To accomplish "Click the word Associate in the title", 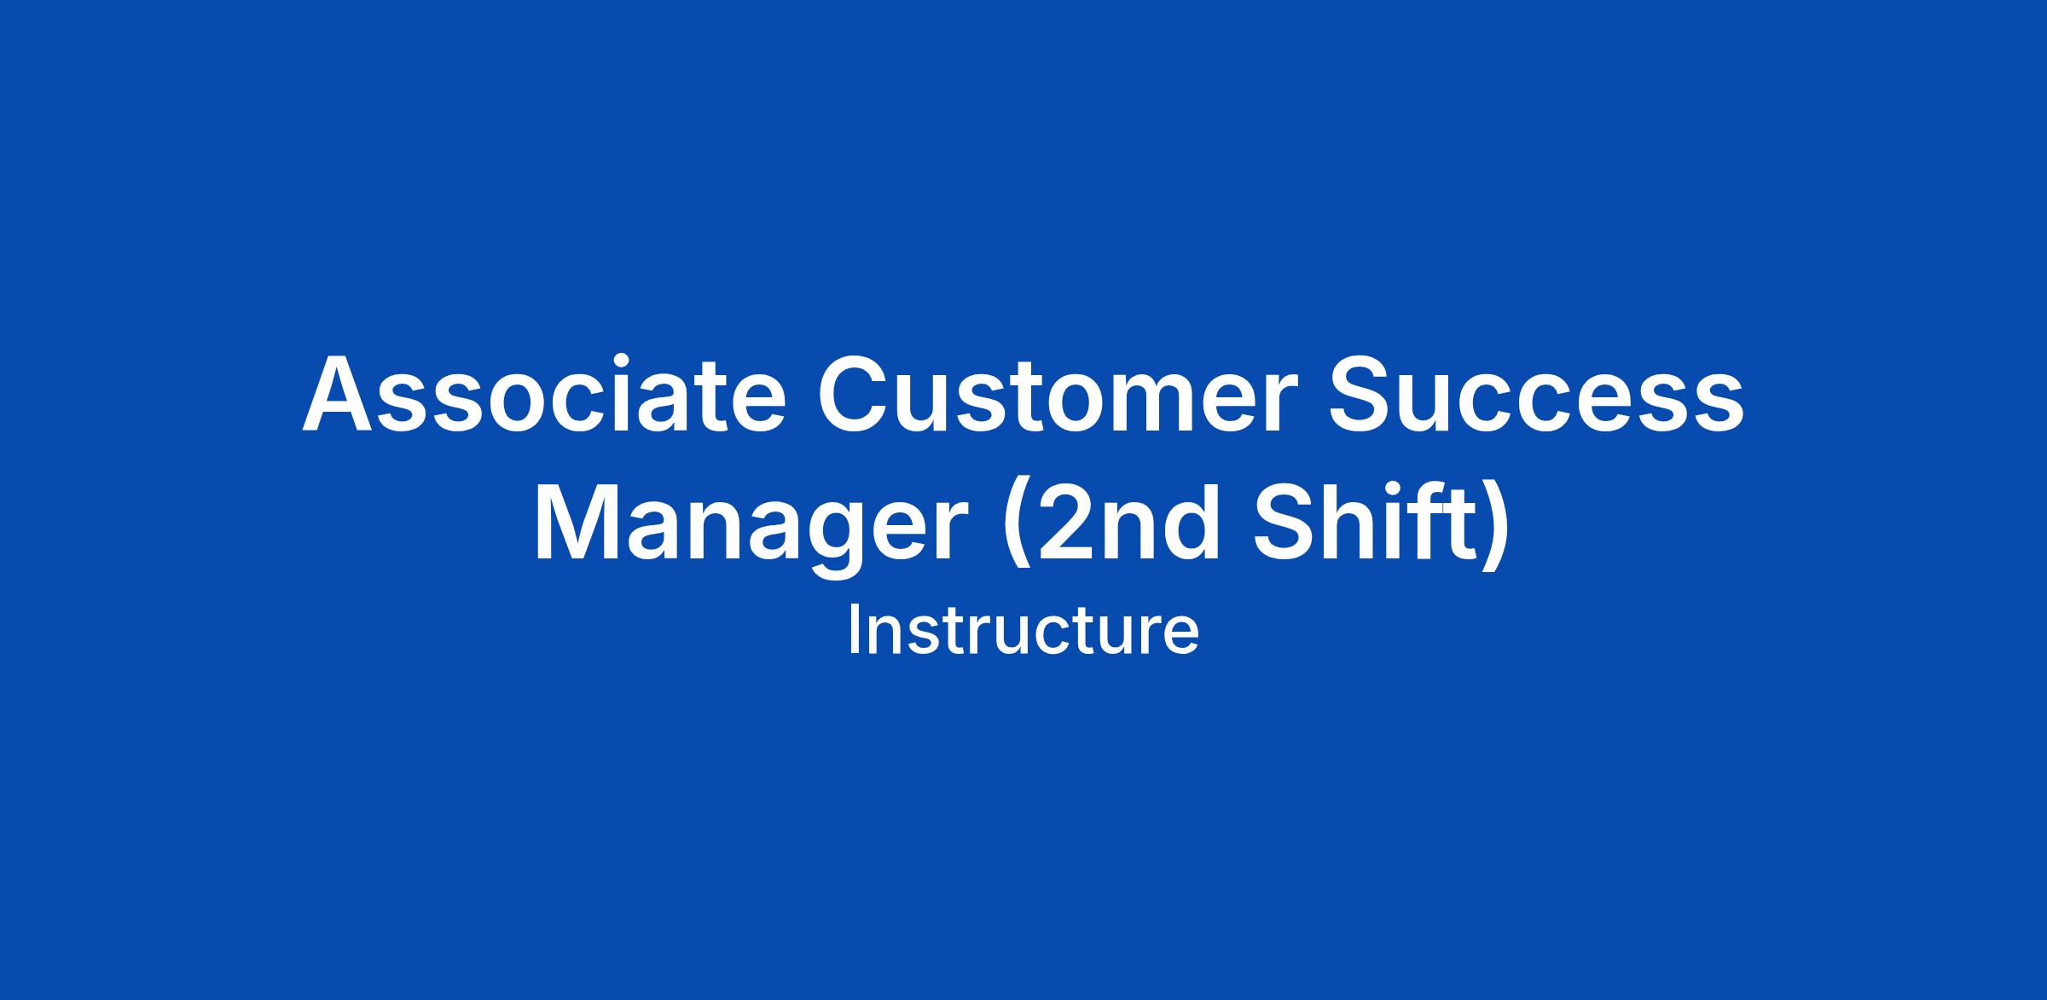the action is (544, 394).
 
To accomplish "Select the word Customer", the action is (1058, 394).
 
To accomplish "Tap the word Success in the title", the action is (1536, 394).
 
